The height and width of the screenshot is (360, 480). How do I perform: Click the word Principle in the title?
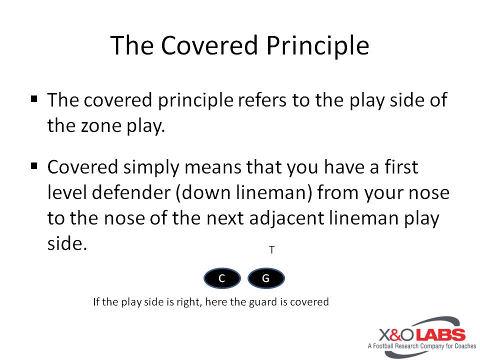[318, 46]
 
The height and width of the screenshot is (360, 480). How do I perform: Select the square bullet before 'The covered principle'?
[34, 99]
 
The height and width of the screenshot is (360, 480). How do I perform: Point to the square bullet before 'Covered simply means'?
[34, 166]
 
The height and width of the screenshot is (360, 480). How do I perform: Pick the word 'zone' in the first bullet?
[101, 126]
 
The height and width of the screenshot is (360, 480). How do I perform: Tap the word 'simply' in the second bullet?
[151, 168]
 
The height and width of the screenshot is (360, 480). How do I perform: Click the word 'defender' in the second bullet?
[131, 192]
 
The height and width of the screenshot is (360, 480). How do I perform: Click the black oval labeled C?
[222, 278]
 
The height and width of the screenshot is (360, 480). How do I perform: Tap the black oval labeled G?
[266, 278]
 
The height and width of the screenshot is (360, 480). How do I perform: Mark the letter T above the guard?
[272, 250]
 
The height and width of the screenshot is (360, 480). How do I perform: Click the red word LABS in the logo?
[441, 335]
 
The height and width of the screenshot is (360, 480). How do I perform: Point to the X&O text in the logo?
[397, 335]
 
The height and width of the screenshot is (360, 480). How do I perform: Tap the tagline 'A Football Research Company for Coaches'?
[422, 346]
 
